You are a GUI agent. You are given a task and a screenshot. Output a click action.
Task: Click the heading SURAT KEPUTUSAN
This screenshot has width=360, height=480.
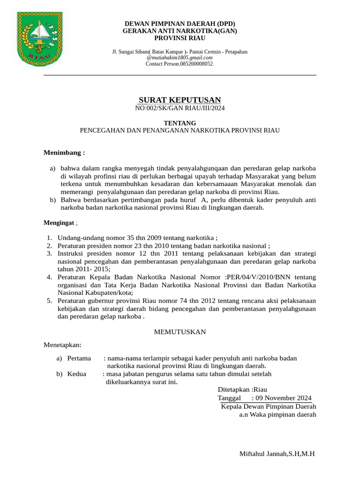pos(180,100)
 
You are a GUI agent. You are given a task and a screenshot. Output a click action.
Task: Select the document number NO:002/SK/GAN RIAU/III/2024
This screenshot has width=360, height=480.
pos(180,108)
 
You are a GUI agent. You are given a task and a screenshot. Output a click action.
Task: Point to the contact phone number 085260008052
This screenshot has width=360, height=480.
pos(193,64)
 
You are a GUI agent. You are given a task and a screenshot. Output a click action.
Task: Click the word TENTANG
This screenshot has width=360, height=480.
pos(180,123)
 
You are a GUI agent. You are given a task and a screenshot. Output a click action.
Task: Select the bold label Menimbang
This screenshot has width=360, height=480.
pos(64,153)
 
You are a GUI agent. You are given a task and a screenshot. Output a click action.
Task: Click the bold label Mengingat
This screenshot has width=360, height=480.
pos(60,223)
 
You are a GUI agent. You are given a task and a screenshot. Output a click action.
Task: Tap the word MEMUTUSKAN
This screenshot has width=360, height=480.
pos(180,332)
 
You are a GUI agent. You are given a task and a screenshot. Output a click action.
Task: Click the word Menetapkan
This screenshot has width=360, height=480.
pos(62,345)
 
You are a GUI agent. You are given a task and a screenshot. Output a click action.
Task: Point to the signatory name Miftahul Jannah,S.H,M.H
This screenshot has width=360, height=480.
pos(277,454)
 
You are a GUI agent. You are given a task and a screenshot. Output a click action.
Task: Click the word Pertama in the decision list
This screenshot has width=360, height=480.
pos(79,358)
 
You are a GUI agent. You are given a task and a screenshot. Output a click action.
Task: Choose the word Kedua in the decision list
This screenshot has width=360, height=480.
pos(77,374)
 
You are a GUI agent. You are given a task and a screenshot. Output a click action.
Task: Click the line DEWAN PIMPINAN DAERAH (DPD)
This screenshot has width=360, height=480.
pos(180,24)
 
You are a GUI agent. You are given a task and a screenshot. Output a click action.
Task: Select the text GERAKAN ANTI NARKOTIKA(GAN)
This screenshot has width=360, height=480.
pos(180,31)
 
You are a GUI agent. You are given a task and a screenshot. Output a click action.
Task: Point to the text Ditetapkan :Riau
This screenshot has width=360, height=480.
pos(242,390)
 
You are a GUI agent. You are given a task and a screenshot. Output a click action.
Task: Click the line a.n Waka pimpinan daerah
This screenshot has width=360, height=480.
pos(277,414)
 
